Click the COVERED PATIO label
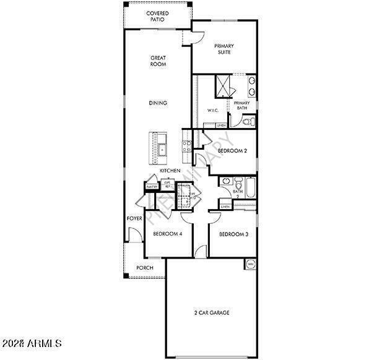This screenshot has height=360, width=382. pos(158,16)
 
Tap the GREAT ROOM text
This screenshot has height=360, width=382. pos(158,61)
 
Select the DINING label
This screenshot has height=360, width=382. pos(158,103)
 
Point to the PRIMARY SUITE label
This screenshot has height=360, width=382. pos(224,49)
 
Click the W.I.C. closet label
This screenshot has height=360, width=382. pos(213,112)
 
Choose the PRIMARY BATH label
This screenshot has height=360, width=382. pos(241,106)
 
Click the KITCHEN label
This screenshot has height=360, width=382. pos(170,170)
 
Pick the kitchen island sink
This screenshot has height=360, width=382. pos(162,148)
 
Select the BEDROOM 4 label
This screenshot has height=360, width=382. pos(167,234)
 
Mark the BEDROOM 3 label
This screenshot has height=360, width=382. pos(234,234)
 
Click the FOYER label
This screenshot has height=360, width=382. pos(134,218)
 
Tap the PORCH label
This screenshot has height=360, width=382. pos(145,268)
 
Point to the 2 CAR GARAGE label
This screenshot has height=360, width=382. pos(212,313)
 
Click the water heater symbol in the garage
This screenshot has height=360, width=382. pos(250,264)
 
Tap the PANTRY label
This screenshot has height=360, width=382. pos(151,186)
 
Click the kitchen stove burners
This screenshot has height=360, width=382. pos(186,147)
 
